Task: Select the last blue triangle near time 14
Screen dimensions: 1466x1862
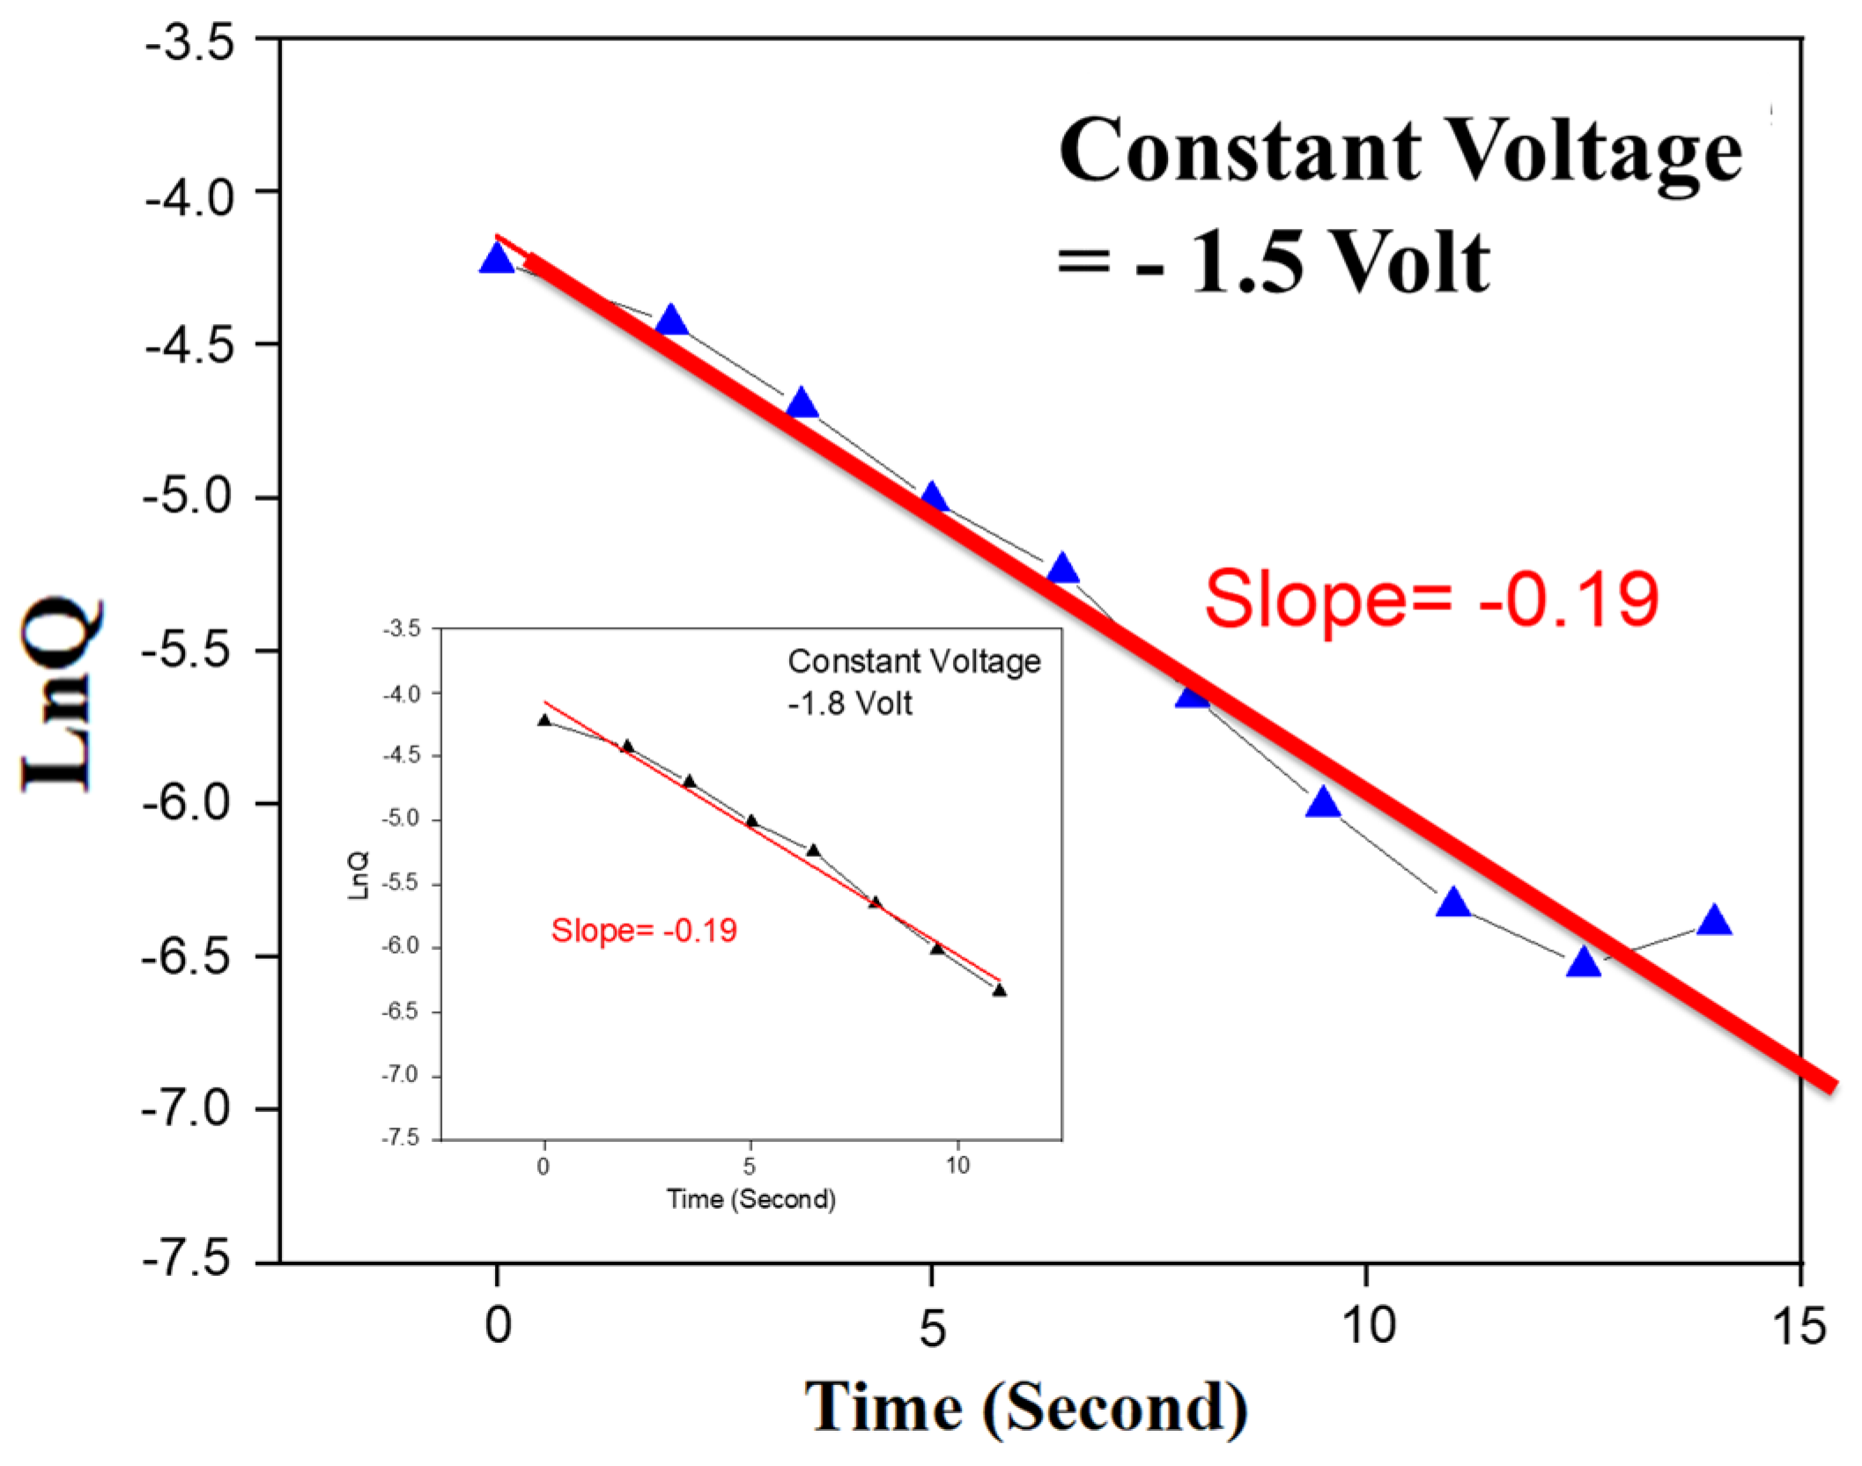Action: (1714, 921)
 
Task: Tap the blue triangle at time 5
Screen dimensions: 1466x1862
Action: (933, 498)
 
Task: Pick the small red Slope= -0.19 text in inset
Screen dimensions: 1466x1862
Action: (644, 931)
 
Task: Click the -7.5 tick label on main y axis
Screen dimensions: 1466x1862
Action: (188, 1260)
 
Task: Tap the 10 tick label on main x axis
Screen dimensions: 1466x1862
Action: (1367, 1326)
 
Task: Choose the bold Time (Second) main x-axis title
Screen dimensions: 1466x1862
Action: (1026, 1407)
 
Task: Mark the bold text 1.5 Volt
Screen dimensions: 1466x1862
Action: (1339, 262)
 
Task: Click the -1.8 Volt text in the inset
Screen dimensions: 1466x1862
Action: (850, 704)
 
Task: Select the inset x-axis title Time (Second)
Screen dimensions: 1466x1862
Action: (750, 1198)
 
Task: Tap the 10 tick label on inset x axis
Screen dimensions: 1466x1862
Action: (957, 1166)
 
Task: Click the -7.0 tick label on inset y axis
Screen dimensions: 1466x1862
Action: (400, 1075)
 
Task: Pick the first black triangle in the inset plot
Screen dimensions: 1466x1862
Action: (544, 720)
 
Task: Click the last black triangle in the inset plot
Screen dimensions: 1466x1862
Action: (999, 990)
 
